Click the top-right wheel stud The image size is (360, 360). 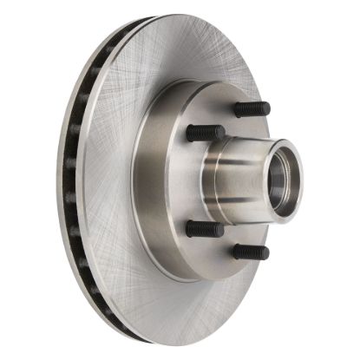pos(252,109)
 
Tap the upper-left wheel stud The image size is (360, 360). pos(206,133)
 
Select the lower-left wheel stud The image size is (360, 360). pos(205,229)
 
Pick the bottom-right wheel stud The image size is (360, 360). pos(251,252)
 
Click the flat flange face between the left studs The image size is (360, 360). pos(187,182)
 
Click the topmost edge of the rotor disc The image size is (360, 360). pos(173,16)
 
